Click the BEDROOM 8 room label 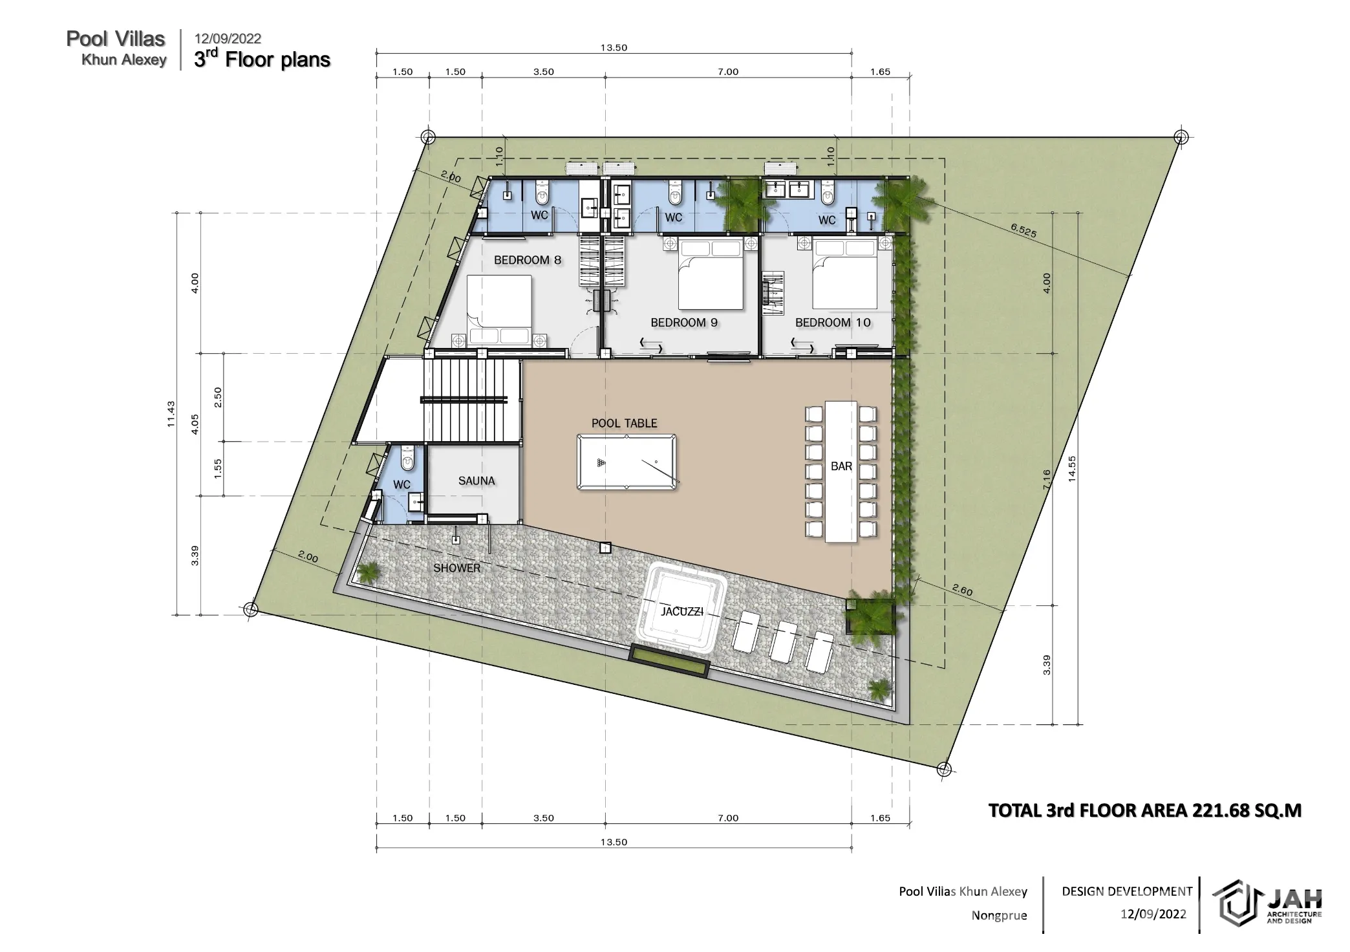pyautogui.click(x=528, y=260)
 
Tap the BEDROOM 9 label pyautogui.click(x=684, y=322)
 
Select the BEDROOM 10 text pyautogui.click(x=833, y=322)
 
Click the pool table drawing pyautogui.click(x=627, y=462)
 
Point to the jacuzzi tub pyautogui.click(x=681, y=609)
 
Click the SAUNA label pyautogui.click(x=477, y=481)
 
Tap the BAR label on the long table pyautogui.click(x=841, y=466)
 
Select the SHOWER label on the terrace pyautogui.click(x=456, y=568)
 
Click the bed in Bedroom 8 pyautogui.click(x=500, y=311)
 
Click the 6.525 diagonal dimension pyautogui.click(x=1023, y=230)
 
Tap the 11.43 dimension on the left pyautogui.click(x=171, y=414)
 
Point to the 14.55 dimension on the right pyautogui.click(x=1072, y=469)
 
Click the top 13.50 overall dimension pyautogui.click(x=614, y=47)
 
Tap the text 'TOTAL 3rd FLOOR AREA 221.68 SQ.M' pyautogui.click(x=1145, y=810)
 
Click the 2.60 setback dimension pyautogui.click(x=963, y=589)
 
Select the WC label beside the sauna pyautogui.click(x=402, y=484)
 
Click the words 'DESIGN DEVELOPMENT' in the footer pyautogui.click(x=1127, y=891)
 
